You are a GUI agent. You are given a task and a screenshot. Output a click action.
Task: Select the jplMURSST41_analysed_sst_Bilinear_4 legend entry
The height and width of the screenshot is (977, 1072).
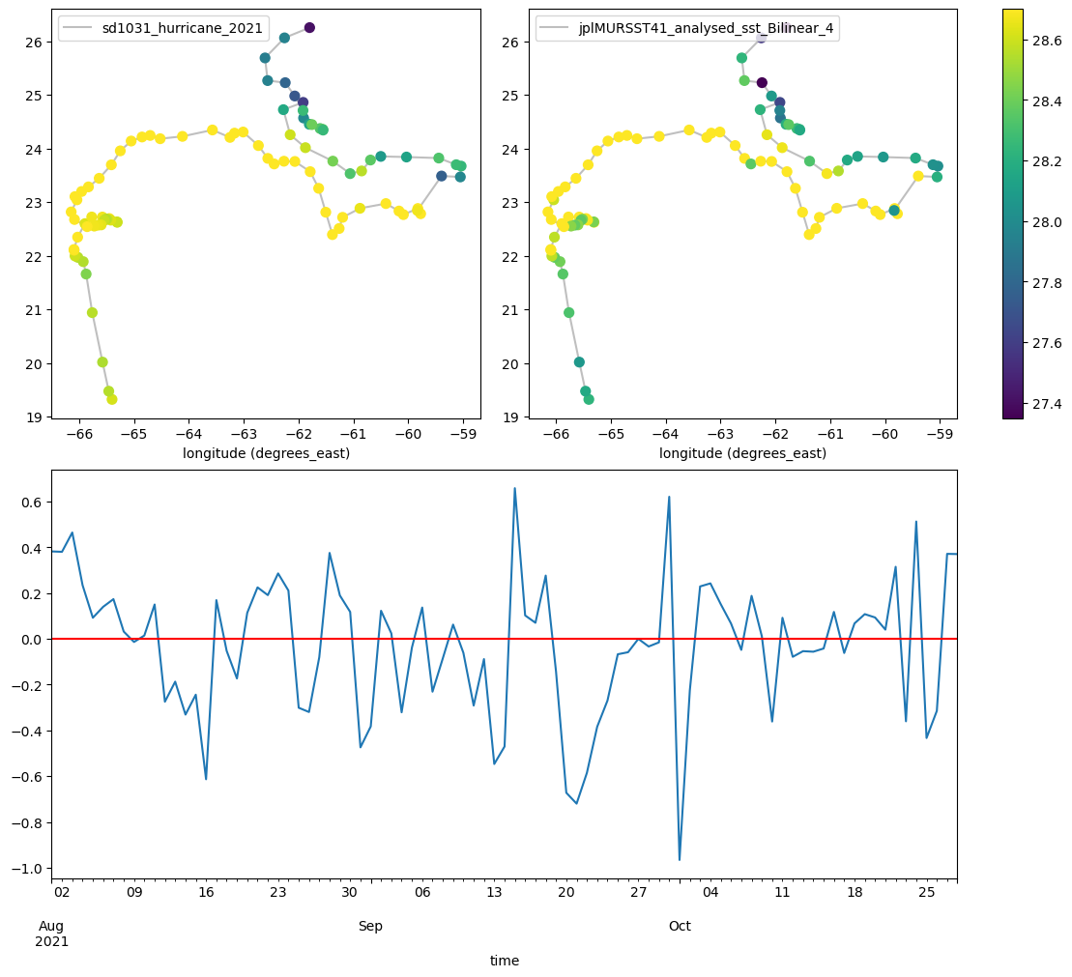[687, 28]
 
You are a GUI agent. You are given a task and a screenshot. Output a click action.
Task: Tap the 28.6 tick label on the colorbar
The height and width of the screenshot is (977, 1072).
[1047, 41]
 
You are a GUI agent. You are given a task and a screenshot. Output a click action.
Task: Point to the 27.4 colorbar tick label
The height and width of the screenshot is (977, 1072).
[1047, 403]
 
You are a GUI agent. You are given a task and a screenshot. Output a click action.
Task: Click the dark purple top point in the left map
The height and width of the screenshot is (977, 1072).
[309, 27]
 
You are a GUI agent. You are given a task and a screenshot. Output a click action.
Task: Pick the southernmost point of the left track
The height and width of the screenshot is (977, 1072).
[112, 399]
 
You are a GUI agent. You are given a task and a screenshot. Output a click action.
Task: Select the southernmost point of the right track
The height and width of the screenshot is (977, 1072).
[589, 399]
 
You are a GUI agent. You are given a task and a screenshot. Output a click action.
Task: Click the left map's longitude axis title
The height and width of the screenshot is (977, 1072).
[266, 453]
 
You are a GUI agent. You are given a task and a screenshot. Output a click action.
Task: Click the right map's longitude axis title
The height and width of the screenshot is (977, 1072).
[742, 453]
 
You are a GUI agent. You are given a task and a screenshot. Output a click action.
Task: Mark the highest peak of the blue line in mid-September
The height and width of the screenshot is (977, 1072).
[515, 488]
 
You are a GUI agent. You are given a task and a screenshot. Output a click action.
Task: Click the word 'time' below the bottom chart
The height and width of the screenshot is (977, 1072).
[505, 961]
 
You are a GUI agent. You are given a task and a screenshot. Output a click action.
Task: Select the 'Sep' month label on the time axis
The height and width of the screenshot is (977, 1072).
[370, 927]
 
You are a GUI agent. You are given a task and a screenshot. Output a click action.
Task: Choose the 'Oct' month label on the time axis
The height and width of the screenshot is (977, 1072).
[680, 927]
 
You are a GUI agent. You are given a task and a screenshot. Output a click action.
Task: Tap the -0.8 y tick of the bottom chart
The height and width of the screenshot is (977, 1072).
[27, 822]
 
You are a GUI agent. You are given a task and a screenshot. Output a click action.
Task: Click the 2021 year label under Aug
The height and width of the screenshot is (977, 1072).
[52, 941]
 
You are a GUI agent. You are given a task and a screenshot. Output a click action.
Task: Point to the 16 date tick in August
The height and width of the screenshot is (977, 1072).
[207, 892]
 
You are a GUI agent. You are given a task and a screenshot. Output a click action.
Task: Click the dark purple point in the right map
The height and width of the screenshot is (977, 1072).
[762, 83]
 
